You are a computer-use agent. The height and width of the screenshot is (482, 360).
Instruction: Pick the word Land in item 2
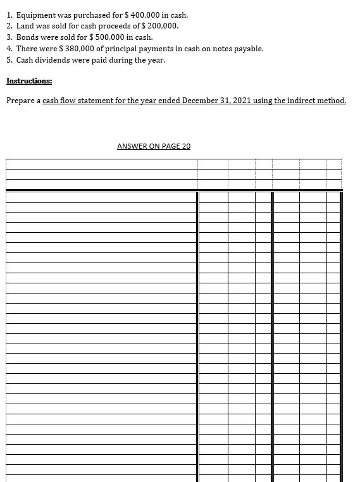click(x=25, y=26)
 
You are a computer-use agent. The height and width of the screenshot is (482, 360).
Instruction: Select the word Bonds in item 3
click(x=27, y=37)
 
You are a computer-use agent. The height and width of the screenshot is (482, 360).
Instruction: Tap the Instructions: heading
click(x=29, y=81)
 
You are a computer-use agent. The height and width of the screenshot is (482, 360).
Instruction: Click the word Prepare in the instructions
click(x=20, y=101)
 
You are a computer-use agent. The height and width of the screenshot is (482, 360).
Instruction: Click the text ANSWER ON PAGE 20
click(x=154, y=146)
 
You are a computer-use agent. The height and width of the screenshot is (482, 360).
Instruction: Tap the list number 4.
click(x=9, y=49)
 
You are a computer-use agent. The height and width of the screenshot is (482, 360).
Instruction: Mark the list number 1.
click(x=9, y=15)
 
